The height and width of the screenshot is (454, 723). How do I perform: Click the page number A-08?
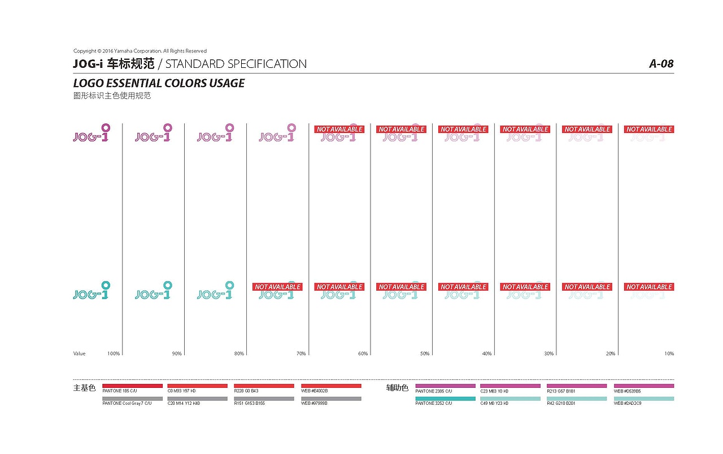[661, 64]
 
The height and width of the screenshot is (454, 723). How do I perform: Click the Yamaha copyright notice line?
[140, 51]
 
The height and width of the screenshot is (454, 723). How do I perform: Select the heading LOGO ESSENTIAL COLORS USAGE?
[159, 83]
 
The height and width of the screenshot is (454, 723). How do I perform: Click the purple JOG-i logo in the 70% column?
[277, 133]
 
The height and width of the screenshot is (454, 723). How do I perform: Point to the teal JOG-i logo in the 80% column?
[215, 291]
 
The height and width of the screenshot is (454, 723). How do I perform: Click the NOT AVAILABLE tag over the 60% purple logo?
[339, 129]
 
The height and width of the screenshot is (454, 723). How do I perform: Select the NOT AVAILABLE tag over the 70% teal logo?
[277, 287]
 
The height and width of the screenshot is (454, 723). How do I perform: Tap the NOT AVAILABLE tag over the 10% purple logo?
[649, 129]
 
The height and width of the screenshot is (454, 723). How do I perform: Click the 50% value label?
[424, 354]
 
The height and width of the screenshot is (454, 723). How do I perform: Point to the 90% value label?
[177, 354]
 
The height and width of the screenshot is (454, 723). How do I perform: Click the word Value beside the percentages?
[80, 354]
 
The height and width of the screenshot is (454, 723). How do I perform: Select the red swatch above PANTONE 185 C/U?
[132, 386]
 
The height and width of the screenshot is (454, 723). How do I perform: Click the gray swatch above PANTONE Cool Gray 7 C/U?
[132, 399]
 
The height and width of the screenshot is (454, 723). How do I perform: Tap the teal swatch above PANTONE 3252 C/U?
[445, 399]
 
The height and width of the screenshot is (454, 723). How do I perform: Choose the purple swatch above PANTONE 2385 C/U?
[445, 386]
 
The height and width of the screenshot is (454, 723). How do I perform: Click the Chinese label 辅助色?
[397, 388]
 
